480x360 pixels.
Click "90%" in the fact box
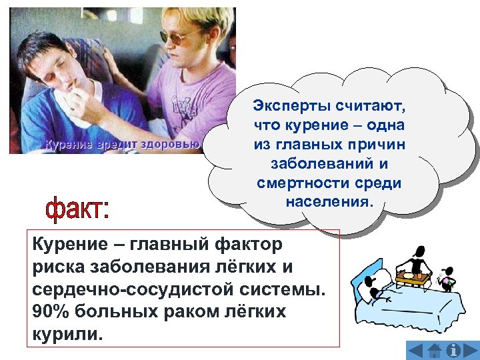point(47,311)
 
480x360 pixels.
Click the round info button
point(453,350)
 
